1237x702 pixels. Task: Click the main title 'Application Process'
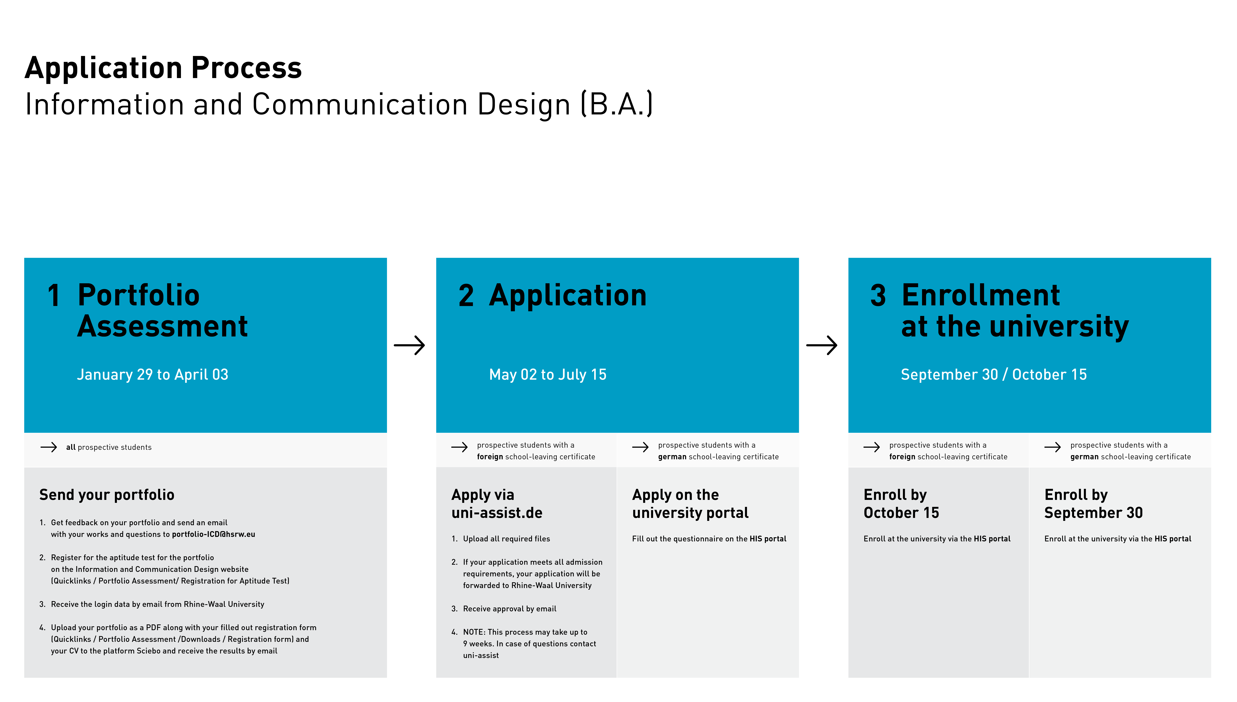click(163, 68)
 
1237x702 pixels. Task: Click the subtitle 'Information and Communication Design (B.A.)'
click(339, 104)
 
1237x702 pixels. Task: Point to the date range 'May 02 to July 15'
click(548, 375)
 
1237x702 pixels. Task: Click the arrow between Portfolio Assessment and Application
click(409, 345)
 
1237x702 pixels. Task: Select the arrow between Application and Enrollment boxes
click(821, 345)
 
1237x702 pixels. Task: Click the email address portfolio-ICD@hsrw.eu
click(214, 534)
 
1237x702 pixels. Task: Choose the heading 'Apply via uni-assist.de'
click(497, 504)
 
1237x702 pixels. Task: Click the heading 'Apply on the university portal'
click(690, 504)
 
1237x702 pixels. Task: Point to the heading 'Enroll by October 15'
click(901, 504)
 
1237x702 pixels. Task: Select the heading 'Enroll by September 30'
click(1093, 504)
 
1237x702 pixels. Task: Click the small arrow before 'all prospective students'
click(49, 447)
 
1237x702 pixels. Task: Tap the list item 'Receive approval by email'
click(510, 609)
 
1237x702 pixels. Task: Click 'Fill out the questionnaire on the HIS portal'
click(709, 539)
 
